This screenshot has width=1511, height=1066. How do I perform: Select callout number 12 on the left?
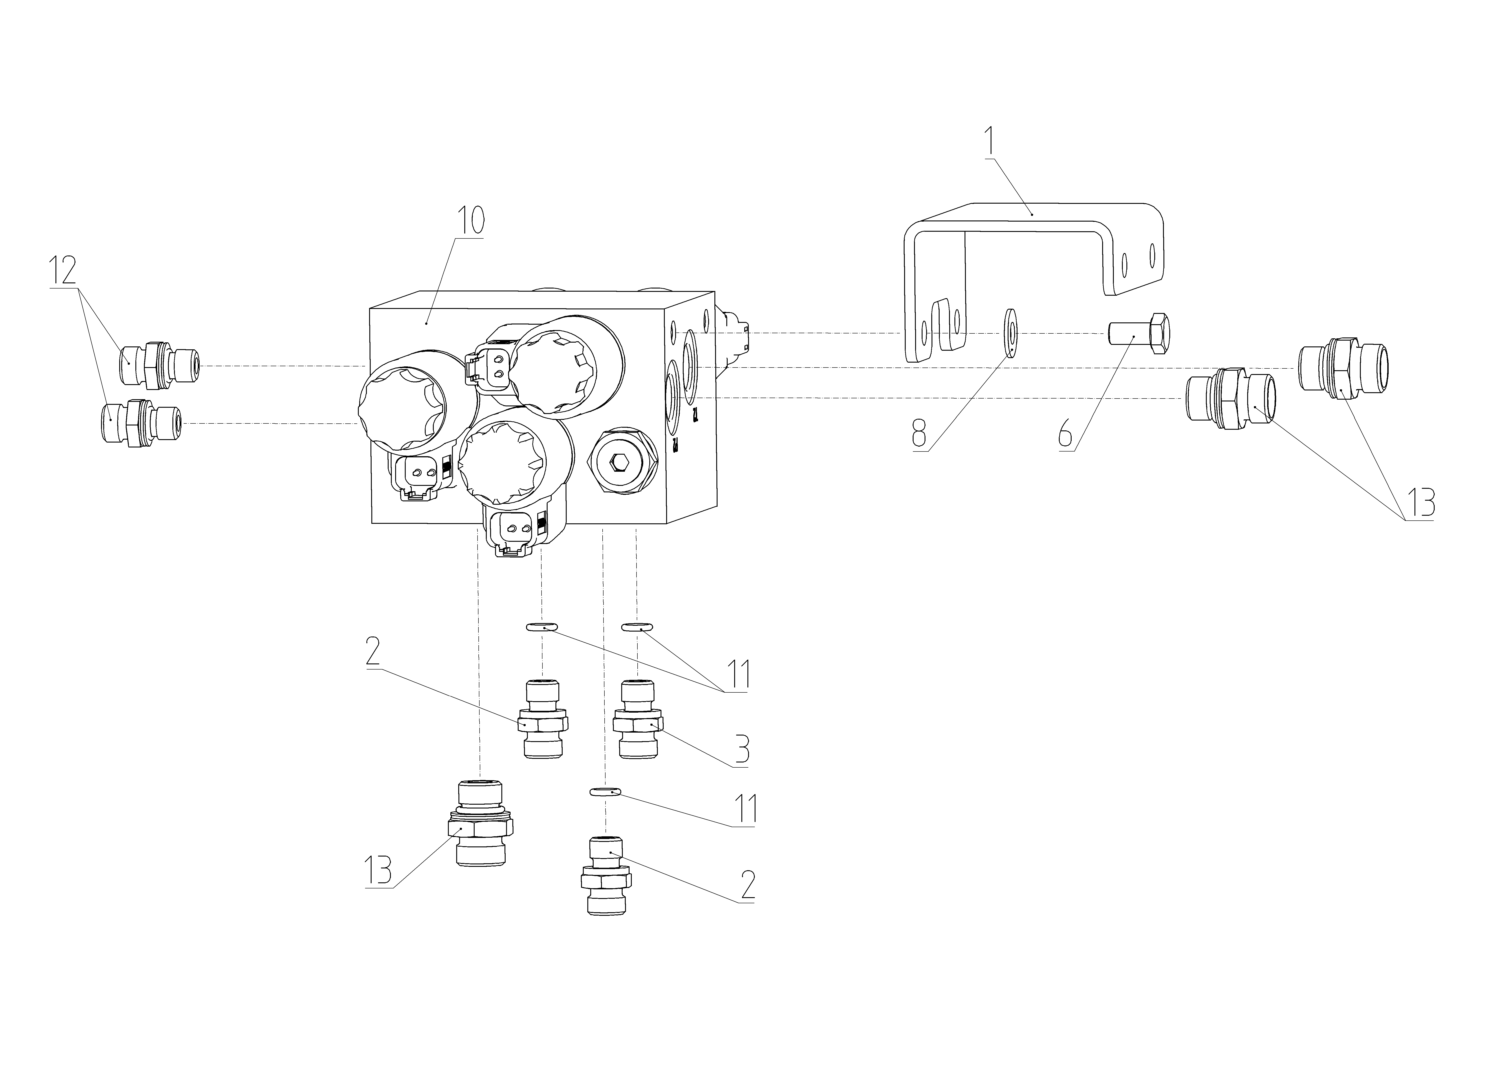[x=63, y=270]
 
